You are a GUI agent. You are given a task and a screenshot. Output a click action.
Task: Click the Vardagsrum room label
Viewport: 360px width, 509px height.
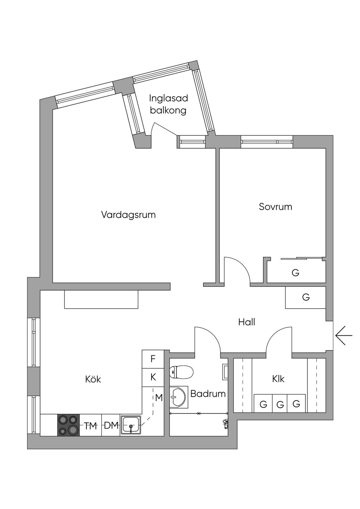[x=128, y=214]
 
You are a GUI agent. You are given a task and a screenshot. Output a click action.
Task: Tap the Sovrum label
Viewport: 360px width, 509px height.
[x=275, y=206]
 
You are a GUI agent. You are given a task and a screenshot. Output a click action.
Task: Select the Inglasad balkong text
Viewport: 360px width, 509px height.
[x=168, y=104]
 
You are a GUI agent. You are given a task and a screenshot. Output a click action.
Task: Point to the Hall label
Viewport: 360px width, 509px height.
[x=246, y=322]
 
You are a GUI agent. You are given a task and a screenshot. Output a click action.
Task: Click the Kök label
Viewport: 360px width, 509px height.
[x=93, y=379]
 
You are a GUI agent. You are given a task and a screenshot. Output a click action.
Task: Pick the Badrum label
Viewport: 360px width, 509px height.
[x=208, y=393]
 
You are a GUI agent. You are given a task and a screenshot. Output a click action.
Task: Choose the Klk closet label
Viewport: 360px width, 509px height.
[x=278, y=379]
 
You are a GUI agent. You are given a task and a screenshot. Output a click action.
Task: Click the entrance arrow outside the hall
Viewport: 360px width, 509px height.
[x=343, y=336]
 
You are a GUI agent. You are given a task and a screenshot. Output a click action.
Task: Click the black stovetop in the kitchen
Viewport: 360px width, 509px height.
[x=69, y=425]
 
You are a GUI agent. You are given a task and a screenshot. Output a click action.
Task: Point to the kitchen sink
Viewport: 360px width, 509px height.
[x=131, y=425]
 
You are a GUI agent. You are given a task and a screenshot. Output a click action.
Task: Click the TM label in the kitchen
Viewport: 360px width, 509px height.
[x=90, y=426]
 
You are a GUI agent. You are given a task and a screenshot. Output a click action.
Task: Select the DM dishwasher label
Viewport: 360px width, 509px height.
[x=111, y=425]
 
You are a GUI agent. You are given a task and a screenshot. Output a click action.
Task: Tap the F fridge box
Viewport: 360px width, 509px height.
[x=153, y=359]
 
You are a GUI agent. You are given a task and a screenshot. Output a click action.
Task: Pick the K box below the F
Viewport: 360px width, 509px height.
[x=153, y=377]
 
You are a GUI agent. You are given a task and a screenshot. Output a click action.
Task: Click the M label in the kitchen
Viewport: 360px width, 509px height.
[x=159, y=398]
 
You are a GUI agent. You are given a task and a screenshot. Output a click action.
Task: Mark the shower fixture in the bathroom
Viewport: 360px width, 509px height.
[x=225, y=423]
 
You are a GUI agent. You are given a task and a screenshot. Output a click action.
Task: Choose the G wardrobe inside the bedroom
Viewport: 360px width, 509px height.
[x=295, y=272]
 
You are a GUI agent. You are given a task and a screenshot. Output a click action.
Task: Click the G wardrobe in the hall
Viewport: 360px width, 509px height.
[x=306, y=297]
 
